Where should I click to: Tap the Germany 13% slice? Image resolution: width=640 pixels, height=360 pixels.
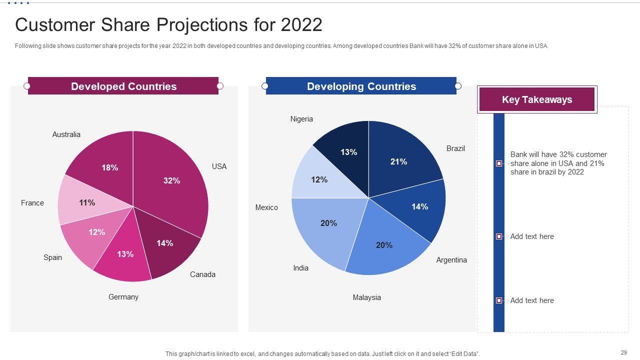point(125,255)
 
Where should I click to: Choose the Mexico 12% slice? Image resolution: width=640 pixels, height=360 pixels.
point(318,179)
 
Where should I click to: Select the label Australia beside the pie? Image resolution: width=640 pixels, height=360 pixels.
point(66,134)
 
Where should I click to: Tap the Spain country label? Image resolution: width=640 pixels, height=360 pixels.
point(52,257)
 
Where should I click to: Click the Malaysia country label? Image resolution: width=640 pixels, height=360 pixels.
point(366,297)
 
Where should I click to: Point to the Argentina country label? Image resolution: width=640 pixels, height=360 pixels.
point(451,260)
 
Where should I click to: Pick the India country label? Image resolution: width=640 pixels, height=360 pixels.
point(300,268)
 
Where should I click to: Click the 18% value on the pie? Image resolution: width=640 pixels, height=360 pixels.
point(110,168)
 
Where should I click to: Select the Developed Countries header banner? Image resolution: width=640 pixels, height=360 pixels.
point(123,86)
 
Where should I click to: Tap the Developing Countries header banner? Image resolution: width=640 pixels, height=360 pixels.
point(361,86)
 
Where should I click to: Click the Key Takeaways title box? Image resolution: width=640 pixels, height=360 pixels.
point(537,99)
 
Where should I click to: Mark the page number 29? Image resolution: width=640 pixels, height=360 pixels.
point(624,352)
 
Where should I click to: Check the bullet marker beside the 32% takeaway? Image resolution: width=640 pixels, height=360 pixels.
point(498,163)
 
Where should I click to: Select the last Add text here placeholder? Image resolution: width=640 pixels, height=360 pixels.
point(532,300)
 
